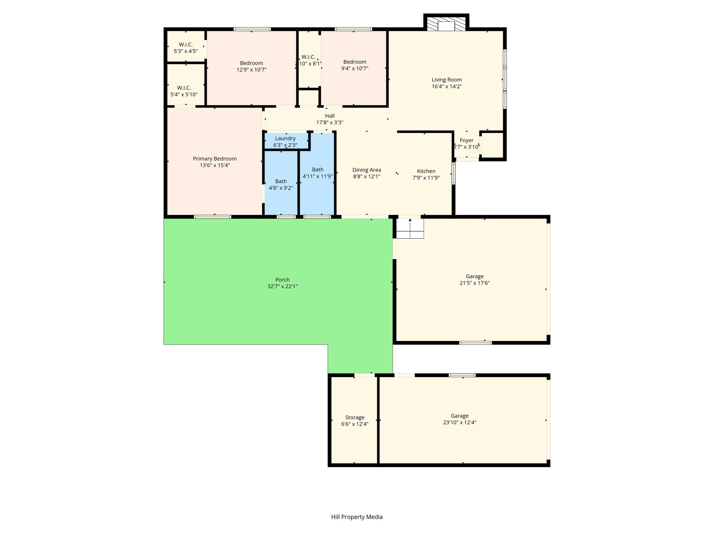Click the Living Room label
(x=447, y=80)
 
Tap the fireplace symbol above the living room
(x=446, y=24)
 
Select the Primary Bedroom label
(x=215, y=159)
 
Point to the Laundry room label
(x=285, y=139)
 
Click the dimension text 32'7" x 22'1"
(x=282, y=287)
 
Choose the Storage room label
(x=355, y=418)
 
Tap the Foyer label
(x=466, y=140)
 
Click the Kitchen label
(x=426, y=171)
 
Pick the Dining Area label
(x=367, y=170)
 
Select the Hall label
(x=330, y=116)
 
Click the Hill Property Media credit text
(x=357, y=517)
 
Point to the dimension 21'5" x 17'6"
(x=475, y=283)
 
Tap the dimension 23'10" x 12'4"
(x=459, y=422)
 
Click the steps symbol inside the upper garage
(x=410, y=228)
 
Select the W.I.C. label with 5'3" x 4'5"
(x=186, y=45)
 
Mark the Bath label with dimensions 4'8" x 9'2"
(x=281, y=181)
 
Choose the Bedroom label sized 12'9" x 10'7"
(x=251, y=63)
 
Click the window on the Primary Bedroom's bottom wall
(x=213, y=217)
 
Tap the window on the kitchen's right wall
(x=454, y=173)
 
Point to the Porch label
(x=282, y=280)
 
